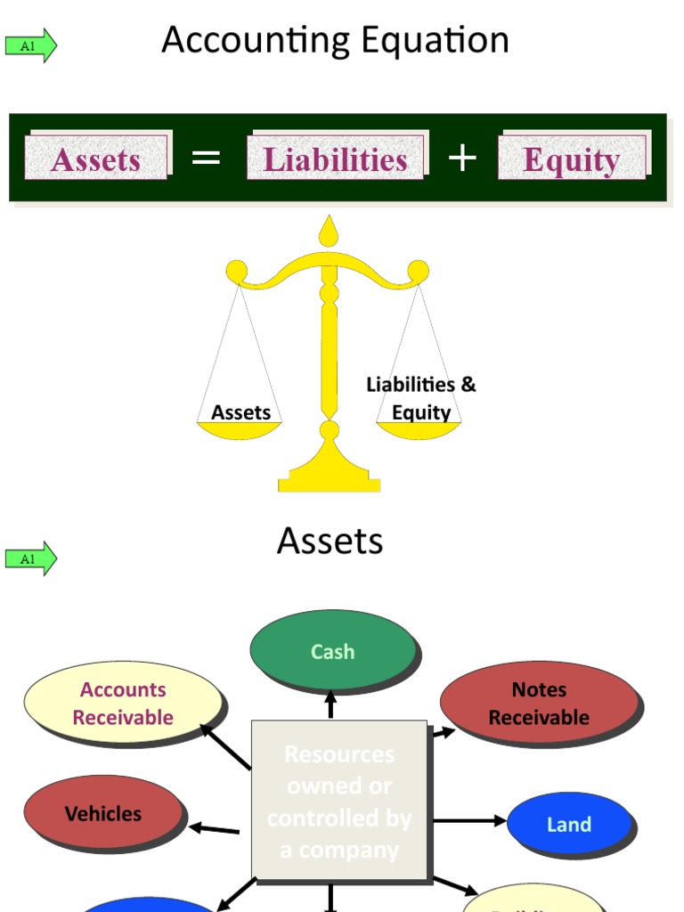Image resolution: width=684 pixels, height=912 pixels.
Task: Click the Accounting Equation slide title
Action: pyautogui.click(x=335, y=41)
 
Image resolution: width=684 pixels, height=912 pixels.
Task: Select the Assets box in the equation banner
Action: pyautogui.click(x=96, y=159)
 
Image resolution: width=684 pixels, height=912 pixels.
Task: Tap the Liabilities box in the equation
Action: pyautogui.click(x=335, y=159)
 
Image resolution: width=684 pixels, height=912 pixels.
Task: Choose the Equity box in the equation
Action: pyautogui.click(x=571, y=159)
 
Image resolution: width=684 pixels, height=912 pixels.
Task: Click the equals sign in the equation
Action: pyautogui.click(x=206, y=159)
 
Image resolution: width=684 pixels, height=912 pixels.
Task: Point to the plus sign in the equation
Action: pyautogui.click(x=461, y=159)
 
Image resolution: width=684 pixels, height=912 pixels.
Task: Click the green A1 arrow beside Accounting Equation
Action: pyautogui.click(x=31, y=45)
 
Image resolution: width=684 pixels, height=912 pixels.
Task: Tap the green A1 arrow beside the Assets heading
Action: pyautogui.click(x=31, y=558)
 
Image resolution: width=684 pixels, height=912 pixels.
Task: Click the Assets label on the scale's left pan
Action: pyautogui.click(x=240, y=412)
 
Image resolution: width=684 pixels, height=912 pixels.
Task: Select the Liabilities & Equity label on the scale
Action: pyautogui.click(x=421, y=398)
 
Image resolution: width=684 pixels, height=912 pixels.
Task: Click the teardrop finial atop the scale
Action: pyautogui.click(x=330, y=232)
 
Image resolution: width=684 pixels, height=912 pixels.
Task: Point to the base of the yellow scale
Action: pyautogui.click(x=330, y=476)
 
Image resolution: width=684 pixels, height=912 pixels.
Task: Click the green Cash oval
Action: pyautogui.click(x=332, y=651)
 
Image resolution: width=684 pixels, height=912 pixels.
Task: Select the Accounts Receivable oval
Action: pyautogui.click(x=123, y=703)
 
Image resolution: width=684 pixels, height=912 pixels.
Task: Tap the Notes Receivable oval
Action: pyautogui.click(x=539, y=703)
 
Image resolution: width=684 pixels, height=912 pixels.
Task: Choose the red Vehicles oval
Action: pyautogui.click(x=103, y=813)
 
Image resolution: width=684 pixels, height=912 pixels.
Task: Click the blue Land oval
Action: pyautogui.click(x=568, y=824)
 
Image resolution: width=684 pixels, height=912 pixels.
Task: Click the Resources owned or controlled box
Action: pyautogui.click(x=339, y=802)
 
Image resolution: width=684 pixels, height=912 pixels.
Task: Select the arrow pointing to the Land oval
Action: pyautogui.click(x=468, y=820)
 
